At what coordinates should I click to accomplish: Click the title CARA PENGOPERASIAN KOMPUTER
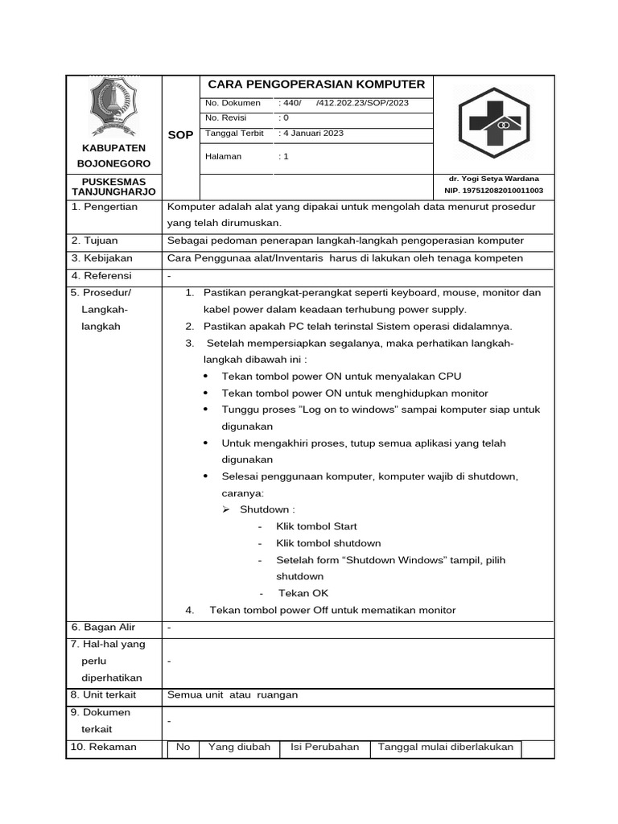click(316, 84)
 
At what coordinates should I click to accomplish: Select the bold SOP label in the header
click(180, 135)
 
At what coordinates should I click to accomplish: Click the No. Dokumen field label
click(233, 103)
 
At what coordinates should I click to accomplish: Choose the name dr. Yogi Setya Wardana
click(494, 178)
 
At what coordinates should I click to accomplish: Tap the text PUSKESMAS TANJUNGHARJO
click(113, 187)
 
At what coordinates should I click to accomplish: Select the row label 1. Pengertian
click(105, 207)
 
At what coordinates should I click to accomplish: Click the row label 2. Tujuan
click(94, 241)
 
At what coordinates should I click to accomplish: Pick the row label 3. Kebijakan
click(101, 258)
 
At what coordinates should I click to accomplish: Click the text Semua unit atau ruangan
click(233, 695)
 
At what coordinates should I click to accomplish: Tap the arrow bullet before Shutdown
click(227, 509)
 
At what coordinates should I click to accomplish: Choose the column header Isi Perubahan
click(325, 747)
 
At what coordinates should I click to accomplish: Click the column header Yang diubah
click(239, 747)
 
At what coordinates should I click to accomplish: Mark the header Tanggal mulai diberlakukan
click(446, 747)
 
